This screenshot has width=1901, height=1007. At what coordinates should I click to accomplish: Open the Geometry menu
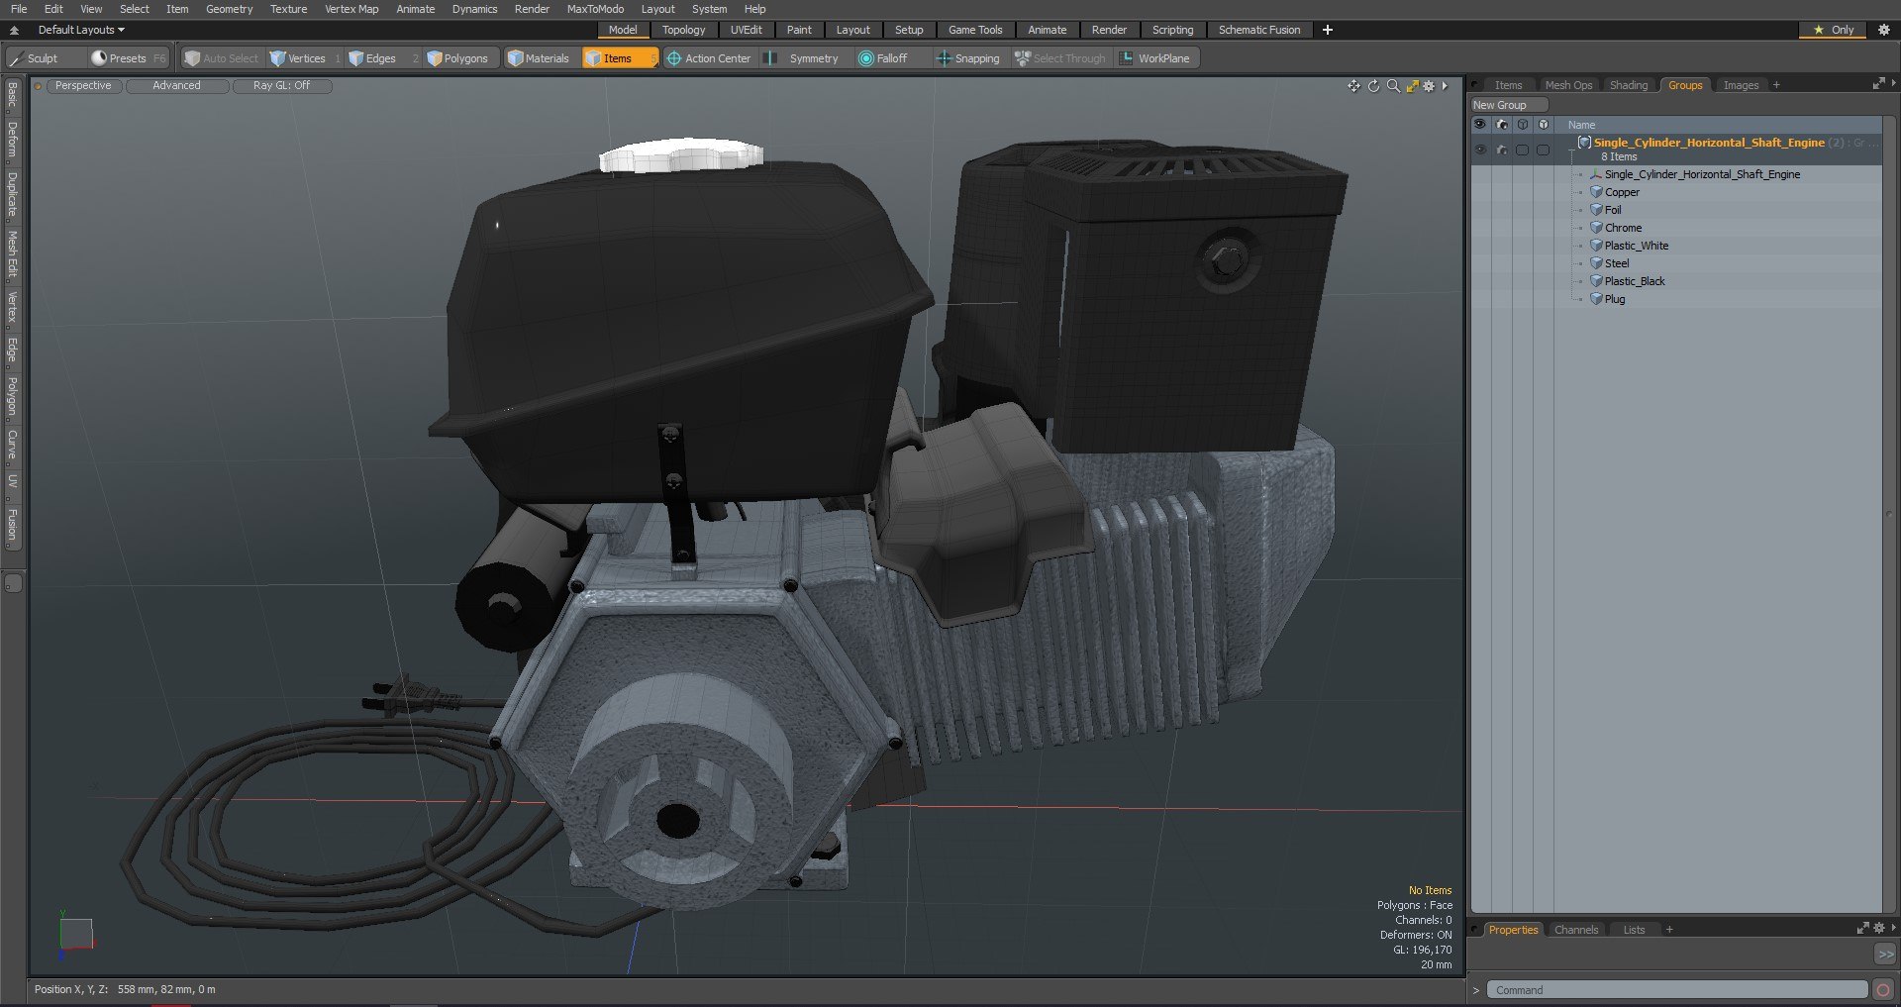229,9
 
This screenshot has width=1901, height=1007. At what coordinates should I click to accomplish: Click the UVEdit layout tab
746,30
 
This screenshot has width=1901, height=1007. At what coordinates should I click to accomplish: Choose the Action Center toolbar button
709,58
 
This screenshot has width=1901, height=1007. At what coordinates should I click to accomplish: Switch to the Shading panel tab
1628,85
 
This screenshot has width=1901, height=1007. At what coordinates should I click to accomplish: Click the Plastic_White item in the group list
1636,246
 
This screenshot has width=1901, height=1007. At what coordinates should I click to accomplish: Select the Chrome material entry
1623,228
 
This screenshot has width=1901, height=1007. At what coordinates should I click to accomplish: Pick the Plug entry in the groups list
1614,299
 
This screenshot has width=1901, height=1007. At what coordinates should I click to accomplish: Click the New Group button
1499,105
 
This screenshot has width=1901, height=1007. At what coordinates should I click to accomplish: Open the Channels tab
1575,930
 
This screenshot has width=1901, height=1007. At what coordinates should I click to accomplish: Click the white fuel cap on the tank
681,154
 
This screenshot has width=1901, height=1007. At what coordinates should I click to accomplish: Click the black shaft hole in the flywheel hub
678,820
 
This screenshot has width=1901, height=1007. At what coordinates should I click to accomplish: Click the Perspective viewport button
83,86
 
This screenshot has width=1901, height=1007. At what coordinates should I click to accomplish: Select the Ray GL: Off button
281,86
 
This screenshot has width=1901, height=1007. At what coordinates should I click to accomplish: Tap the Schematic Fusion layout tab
1258,30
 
